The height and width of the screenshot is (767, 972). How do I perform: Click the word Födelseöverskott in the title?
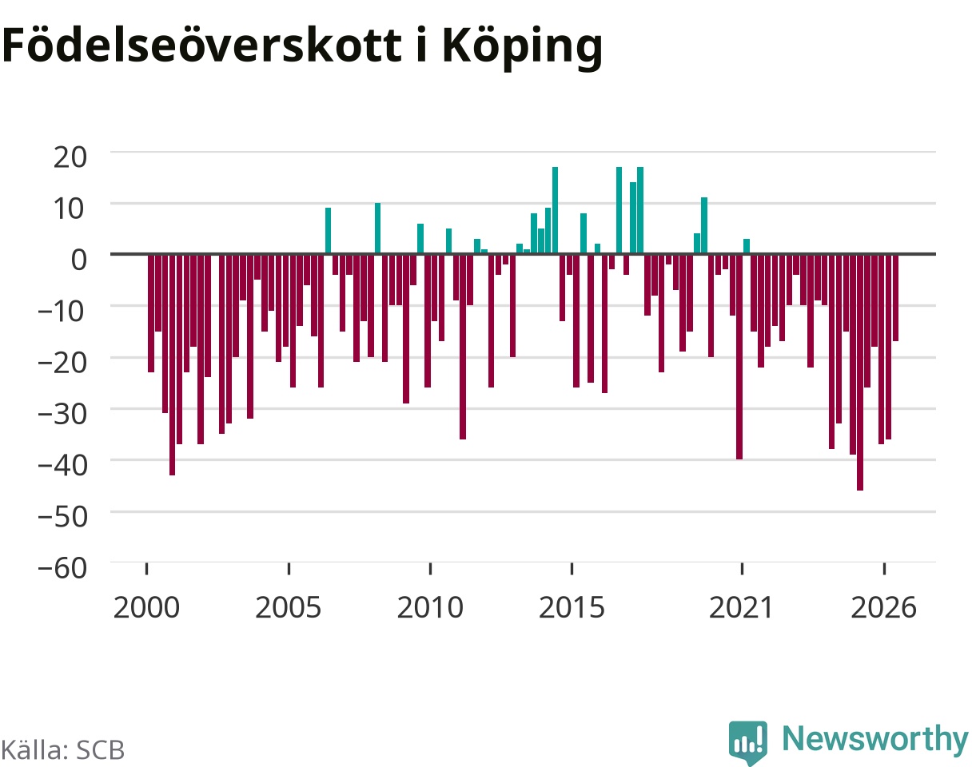point(201,46)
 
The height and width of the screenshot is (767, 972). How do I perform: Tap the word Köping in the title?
point(522,49)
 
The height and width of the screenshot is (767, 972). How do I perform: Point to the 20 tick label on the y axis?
point(70,157)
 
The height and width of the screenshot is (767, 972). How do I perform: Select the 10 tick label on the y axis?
point(69,209)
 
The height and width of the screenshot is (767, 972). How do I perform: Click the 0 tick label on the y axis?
point(79,260)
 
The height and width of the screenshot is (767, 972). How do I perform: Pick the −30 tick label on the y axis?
point(62,415)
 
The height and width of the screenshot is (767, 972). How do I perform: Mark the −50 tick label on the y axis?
point(62,518)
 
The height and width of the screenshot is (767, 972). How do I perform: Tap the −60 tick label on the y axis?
point(62,568)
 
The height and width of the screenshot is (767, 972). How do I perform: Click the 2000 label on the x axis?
point(146,608)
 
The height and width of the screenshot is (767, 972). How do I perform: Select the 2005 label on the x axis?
point(289,608)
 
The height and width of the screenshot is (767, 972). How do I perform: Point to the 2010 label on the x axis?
point(430,608)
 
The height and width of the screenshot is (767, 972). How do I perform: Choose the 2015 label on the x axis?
point(572,608)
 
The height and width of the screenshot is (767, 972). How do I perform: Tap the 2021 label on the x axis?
point(742,608)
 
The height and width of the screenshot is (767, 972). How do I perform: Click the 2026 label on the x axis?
point(884,608)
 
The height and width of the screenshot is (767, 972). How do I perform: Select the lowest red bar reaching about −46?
point(860,373)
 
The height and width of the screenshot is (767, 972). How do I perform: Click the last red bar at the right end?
point(896,298)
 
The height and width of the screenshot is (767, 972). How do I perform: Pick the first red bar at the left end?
point(151,314)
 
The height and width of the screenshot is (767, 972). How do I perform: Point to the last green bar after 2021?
point(747,247)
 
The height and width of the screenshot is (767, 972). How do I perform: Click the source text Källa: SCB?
point(63,750)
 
